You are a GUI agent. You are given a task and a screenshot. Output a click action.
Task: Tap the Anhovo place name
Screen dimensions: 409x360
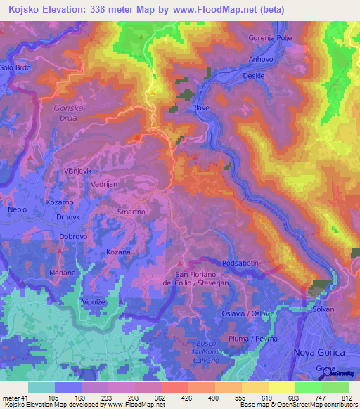[261, 60]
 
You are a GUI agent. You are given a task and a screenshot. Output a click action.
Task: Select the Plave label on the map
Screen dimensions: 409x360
[201, 108]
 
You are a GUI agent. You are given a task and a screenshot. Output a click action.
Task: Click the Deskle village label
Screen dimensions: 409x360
[253, 75]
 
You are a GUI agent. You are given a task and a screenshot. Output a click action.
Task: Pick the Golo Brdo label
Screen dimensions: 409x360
[15, 67]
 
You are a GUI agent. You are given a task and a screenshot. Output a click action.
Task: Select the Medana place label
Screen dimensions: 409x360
[62, 273]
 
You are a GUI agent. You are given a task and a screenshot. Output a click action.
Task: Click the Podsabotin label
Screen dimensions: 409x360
[240, 263]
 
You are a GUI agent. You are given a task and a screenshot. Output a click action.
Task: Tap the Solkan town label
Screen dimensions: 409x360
[323, 309]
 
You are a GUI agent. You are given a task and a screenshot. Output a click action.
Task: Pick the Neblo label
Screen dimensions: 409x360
[17, 210]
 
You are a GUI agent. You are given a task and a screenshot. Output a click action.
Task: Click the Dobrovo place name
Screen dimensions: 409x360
[73, 237]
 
